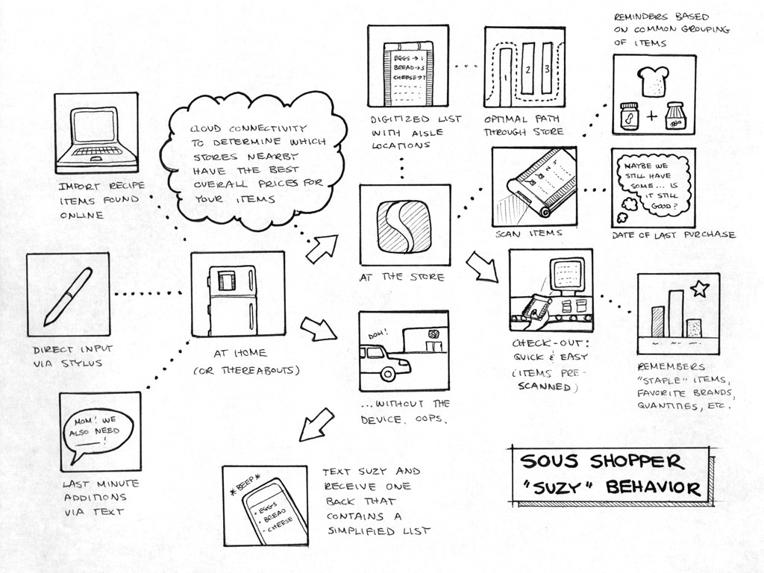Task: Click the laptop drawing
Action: pos(95,134)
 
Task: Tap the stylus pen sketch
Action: pos(67,296)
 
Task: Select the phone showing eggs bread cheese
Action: pos(272,511)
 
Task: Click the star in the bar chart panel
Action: pos(699,287)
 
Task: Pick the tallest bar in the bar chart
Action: pos(676,313)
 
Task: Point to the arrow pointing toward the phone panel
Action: pos(316,425)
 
